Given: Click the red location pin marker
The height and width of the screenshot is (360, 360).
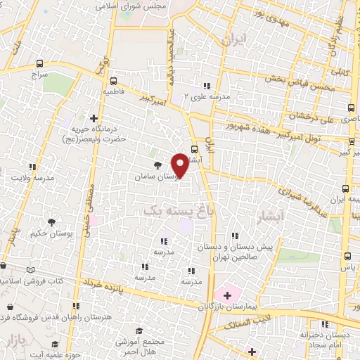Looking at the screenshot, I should point(181,165).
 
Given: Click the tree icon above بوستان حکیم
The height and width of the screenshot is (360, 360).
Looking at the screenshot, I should point(34,231).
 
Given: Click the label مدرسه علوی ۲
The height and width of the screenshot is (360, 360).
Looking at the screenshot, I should point(205,96).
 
